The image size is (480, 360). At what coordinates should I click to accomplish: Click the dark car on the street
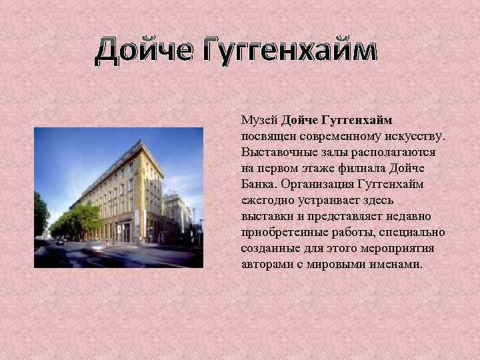tap(60, 242)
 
